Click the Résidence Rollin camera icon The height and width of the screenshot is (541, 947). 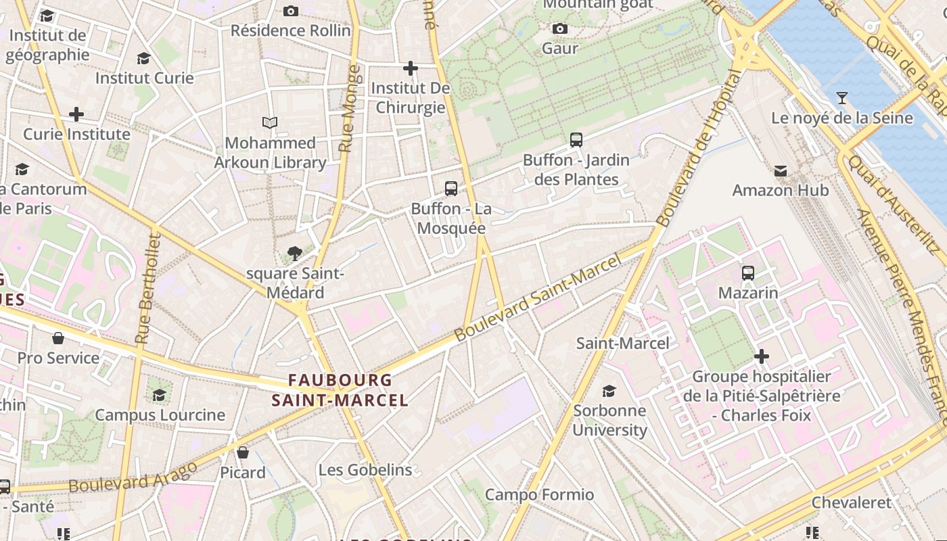tap(291, 11)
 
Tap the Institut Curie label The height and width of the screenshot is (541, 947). tap(144, 78)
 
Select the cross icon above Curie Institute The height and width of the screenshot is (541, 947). tap(76, 114)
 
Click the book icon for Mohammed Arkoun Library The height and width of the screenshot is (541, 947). tap(270, 123)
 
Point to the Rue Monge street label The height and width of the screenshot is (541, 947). tap(348, 108)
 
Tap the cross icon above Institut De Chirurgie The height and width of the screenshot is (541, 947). tap(410, 68)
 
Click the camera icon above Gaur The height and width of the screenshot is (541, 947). tap(559, 28)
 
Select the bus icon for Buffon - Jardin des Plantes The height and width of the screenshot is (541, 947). tap(576, 140)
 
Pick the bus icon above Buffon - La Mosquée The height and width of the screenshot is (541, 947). tap(451, 189)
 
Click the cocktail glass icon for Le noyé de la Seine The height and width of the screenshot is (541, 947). tap(841, 98)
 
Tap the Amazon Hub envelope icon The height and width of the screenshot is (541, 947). tap(781, 170)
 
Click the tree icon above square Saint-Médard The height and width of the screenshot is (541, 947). tap(294, 254)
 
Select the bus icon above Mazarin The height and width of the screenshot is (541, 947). tap(748, 273)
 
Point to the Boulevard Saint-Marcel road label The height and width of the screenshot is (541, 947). tap(537, 298)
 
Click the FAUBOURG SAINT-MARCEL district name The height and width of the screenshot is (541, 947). tap(340, 390)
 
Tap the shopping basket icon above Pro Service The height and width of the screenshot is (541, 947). tap(58, 337)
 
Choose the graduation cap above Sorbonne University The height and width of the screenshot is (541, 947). tap(609, 390)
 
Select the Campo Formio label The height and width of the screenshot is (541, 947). tap(539, 495)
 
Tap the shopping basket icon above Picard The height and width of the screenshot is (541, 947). tap(243, 452)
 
